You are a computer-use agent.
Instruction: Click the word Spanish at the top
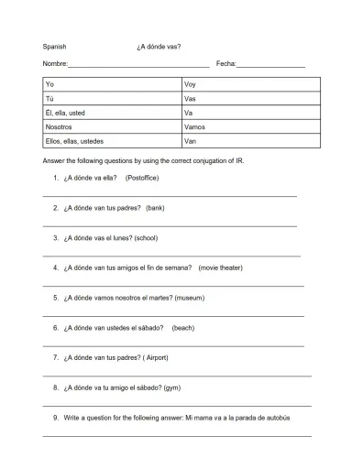click(54, 45)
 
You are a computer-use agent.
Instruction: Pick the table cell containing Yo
click(112, 83)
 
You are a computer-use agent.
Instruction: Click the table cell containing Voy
click(250, 83)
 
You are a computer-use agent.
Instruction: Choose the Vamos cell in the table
click(250, 127)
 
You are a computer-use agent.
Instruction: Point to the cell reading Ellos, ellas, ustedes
click(112, 142)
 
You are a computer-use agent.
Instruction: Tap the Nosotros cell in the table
click(112, 127)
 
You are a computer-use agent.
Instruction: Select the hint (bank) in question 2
click(155, 208)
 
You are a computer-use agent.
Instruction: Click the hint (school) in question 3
click(146, 237)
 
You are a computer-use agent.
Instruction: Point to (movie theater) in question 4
click(221, 267)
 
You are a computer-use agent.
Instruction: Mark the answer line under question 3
click(171, 256)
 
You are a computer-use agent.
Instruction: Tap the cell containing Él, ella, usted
click(112, 113)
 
